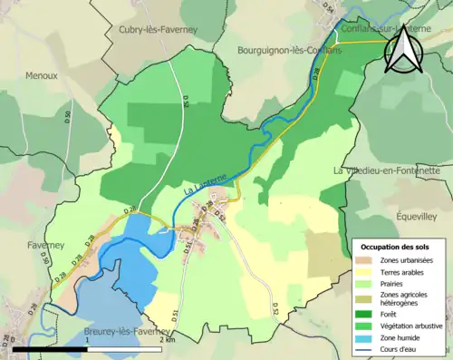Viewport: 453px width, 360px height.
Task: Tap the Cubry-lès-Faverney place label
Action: (155, 30)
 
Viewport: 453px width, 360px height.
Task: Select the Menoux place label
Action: (41, 76)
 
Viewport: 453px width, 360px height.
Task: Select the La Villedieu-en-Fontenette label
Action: (392, 170)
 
